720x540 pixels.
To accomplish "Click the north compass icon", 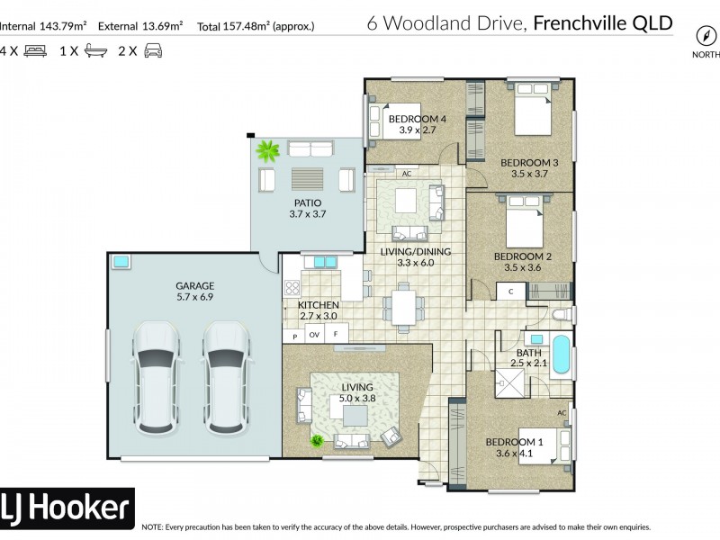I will [705, 35].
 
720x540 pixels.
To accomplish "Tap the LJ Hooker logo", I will [67, 508].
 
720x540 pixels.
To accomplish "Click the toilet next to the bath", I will [559, 314].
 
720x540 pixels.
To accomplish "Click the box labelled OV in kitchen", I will [315, 336].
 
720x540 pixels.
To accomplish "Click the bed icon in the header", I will [34, 50].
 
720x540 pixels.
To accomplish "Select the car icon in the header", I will [153, 50].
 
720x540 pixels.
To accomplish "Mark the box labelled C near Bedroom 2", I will [510, 292].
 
